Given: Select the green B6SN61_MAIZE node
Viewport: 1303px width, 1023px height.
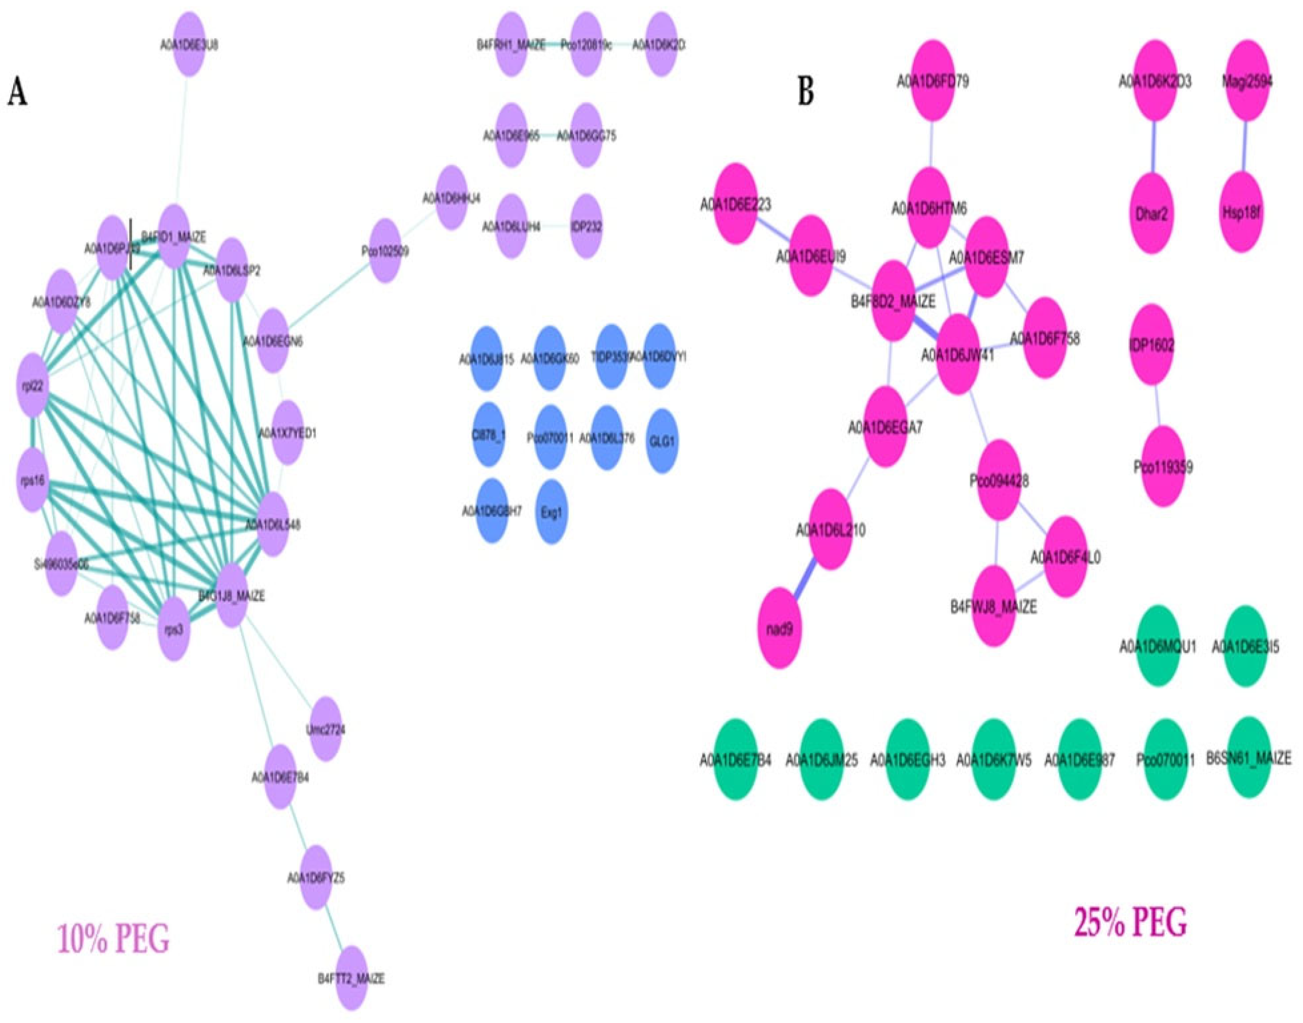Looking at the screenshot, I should (1248, 759).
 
